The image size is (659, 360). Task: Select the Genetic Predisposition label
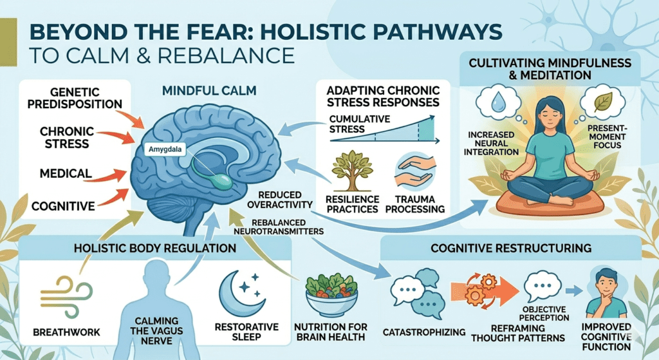(76, 97)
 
